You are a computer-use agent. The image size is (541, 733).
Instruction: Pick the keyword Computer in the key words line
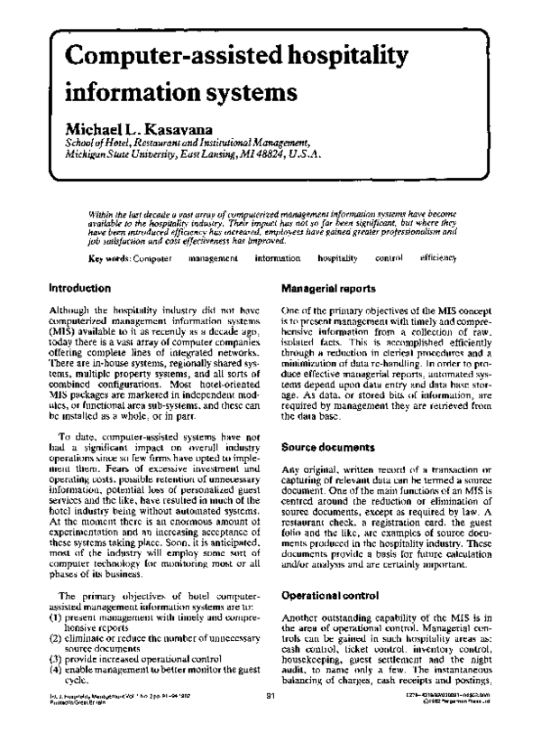pyautogui.click(x=151, y=234)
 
